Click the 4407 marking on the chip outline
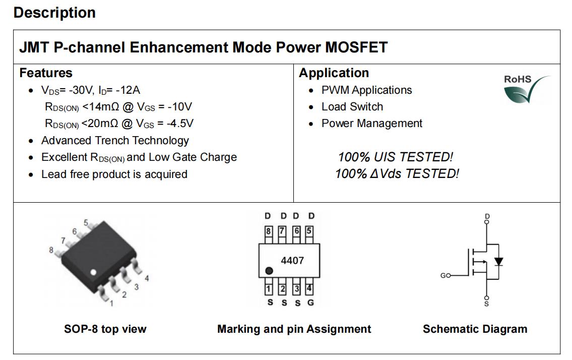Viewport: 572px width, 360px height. tap(292, 260)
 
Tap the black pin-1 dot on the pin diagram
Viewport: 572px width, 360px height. tap(269, 271)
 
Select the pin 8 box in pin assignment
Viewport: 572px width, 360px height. tap(269, 231)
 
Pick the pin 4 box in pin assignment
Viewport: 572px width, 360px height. tap(309, 288)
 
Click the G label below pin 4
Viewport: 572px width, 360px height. tap(310, 303)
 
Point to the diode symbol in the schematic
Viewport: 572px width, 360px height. tap(498, 261)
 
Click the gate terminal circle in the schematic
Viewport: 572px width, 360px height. tap(449, 275)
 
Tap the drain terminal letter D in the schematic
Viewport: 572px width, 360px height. tap(487, 216)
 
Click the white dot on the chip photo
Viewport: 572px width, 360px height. tap(93, 272)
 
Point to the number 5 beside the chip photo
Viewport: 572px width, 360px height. tap(86, 222)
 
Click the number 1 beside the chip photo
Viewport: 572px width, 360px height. tap(111, 303)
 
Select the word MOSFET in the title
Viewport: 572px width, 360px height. tap(356, 47)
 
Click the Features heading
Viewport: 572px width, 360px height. tap(46, 73)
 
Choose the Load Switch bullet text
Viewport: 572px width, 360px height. tap(352, 106)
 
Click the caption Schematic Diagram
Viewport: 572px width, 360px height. tap(475, 329)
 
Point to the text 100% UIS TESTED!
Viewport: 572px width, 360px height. tap(396, 157)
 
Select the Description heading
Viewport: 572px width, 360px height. tap(55, 13)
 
